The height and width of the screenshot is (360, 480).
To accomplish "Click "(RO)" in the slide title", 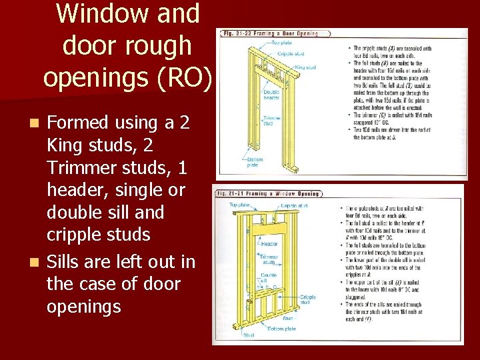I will click(181, 78).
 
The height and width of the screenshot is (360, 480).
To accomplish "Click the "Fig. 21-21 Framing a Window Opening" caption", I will click(267, 193).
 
